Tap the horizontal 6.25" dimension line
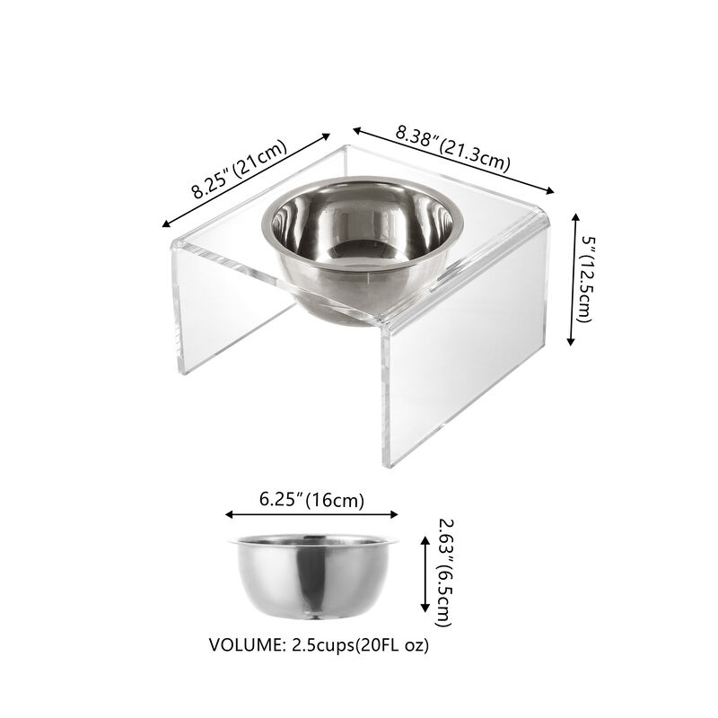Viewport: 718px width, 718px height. (x=311, y=515)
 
